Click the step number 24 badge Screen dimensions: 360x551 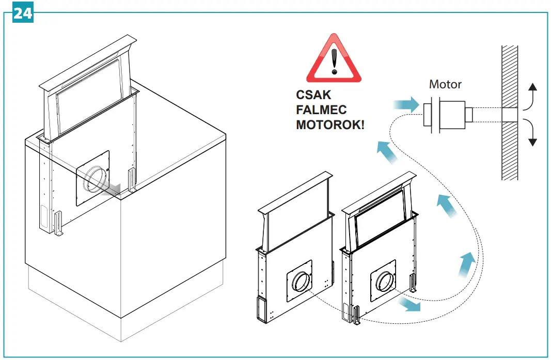22,13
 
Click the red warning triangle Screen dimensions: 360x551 334,60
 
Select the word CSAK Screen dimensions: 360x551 313,96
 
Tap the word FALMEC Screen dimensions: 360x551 321,110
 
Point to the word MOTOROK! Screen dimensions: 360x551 330,125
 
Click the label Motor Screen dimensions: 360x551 445,84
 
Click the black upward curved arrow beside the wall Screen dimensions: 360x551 530,96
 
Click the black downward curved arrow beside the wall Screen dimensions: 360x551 530,131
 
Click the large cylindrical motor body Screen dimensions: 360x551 452,115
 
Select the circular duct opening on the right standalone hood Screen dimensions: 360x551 385,282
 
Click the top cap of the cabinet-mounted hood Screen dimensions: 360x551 88,62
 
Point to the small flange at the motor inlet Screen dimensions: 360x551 428,115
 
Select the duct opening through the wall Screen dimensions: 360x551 510,115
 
